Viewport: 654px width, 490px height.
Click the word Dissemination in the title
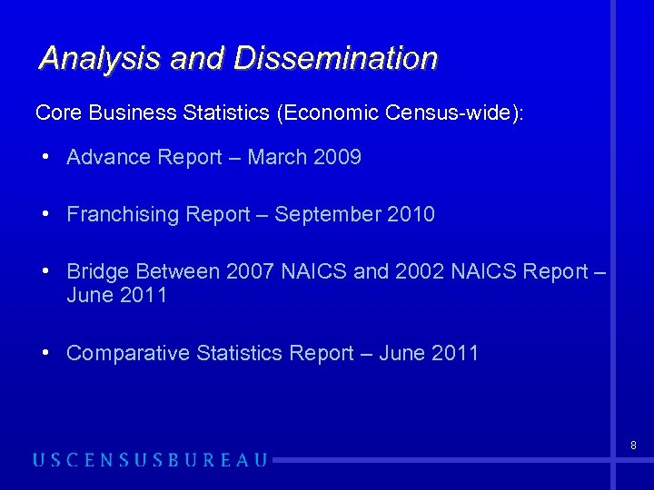(x=336, y=58)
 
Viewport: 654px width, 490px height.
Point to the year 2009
(x=337, y=157)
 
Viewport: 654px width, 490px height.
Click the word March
(x=277, y=157)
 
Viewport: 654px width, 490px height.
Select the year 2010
(x=411, y=214)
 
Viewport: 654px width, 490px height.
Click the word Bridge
(x=97, y=271)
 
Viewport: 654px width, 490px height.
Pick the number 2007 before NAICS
(x=251, y=271)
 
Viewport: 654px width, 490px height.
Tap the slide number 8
(x=632, y=446)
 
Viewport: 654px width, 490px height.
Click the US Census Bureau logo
(x=151, y=460)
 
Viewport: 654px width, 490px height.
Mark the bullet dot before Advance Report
(x=45, y=157)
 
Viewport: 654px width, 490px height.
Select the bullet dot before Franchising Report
(x=45, y=214)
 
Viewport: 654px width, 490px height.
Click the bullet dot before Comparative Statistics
(x=45, y=353)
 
